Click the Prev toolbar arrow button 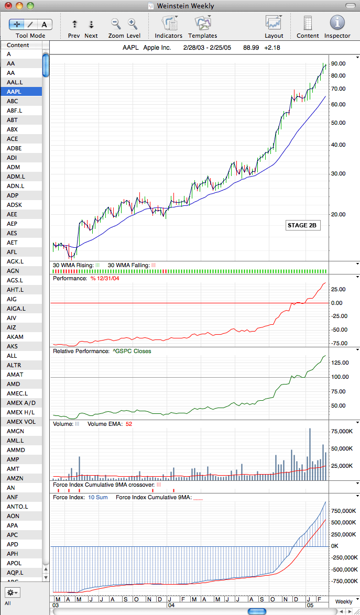click(74, 24)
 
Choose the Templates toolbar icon click(202, 23)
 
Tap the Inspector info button click(337, 23)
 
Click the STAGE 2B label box click(302, 226)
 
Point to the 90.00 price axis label click(337, 63)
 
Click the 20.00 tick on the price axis click(337, 215)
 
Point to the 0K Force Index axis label click(335, 546)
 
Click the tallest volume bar click(310, 454)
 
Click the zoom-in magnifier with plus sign click(133, 24)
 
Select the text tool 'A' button click(45, 24)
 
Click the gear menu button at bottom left click(13, 592)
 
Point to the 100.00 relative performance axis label click(339, 377)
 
